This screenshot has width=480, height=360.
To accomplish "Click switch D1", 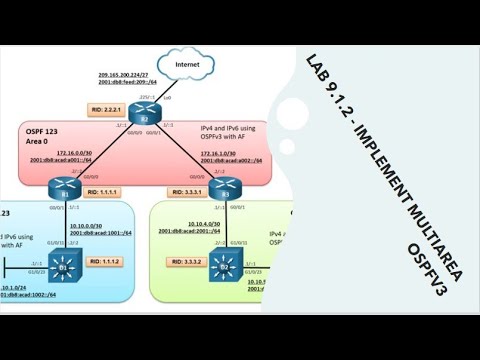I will point(63,268).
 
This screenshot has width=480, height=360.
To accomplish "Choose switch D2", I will point(225,268).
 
